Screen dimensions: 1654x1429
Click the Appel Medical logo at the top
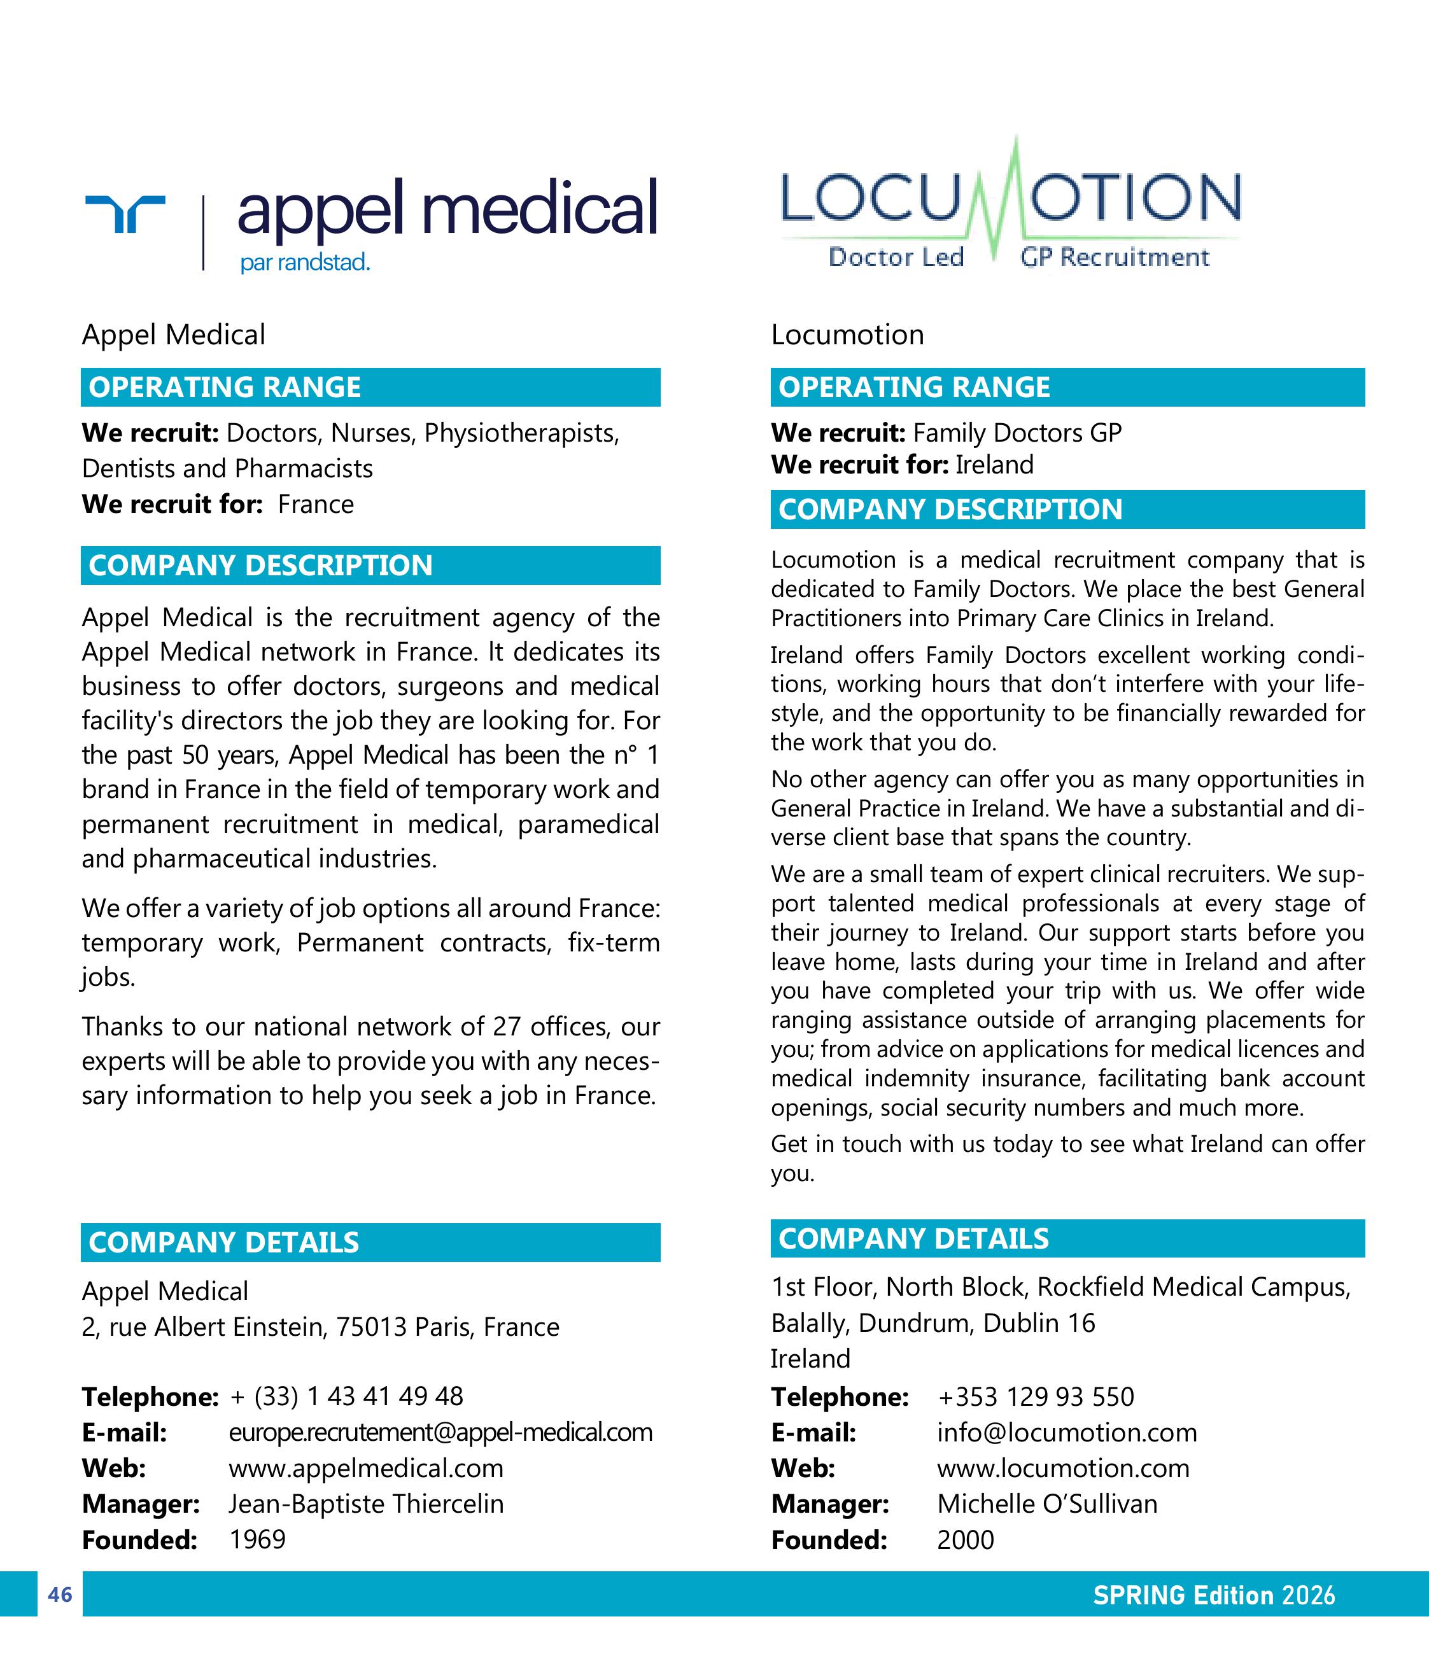tap(371, 220)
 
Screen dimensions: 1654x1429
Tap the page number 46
tap(60, 1594)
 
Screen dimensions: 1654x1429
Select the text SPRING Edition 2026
tap(1213, 1595)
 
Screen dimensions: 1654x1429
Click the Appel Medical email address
tap(440, 1432)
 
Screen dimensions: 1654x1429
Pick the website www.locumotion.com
tap(1062, 1468)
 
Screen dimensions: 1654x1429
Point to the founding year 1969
tap(257, 1539)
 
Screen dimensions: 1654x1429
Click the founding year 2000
tap(965, 1539)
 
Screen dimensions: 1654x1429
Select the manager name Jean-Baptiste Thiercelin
tap(365, 1504)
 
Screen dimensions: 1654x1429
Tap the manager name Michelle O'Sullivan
tap(1046, 1504)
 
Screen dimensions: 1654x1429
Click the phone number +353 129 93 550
tap(1036, 1397)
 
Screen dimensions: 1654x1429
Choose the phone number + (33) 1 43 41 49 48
tap(346, 1396)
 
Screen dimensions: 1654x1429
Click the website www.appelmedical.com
tap(365, 1468)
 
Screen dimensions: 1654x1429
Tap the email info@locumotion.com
tap(1067, 1432)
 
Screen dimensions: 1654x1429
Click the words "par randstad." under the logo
tap(305, 263)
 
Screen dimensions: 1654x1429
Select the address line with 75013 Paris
tap(320, 1327)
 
